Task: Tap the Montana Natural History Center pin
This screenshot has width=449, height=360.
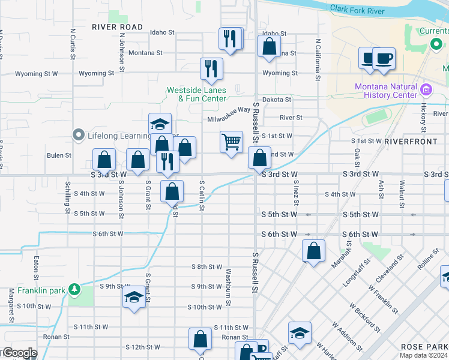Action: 427,91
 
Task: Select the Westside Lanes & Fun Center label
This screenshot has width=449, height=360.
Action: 196,94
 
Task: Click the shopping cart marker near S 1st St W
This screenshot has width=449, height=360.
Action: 231,142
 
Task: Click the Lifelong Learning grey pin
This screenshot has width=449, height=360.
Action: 78,136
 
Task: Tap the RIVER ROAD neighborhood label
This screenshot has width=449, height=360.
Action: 118,27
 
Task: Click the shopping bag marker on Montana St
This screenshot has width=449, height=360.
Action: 270,46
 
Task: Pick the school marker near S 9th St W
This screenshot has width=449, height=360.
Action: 134,298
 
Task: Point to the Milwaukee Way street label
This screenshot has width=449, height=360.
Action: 229,119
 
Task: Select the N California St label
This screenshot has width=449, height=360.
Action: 317,60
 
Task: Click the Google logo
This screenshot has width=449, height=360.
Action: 19,353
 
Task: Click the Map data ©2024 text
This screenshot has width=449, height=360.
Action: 424,355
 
